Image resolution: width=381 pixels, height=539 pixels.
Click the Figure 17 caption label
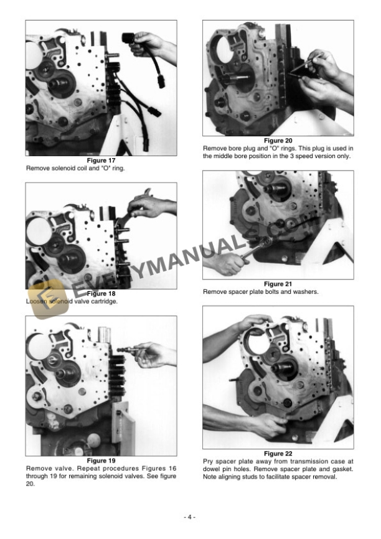pos(100,161)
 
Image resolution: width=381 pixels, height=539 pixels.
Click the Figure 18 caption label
pos(100,294)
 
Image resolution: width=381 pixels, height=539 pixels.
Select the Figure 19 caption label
pos(100,461)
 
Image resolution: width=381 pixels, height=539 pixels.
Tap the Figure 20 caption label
pos(278,141)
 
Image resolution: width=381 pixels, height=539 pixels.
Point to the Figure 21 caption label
pos(278,284)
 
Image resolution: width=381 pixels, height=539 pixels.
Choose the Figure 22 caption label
pos(278,454)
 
